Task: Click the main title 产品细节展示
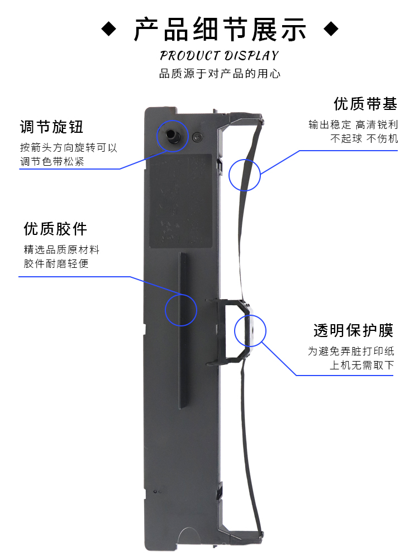click(220, 29)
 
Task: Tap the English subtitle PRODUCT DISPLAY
click(219, 56)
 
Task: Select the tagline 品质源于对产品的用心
click(219, 74)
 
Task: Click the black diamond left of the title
click(109, 28)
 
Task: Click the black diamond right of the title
click(332, 28)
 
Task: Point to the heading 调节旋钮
click(51, 127)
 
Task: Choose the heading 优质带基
click(365, 104)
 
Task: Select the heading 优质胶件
click(55, 228)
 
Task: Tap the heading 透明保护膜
click(353, 330)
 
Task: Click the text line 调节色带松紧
click(55, 162)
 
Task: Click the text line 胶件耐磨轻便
click(56, 263)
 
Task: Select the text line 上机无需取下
click(361, 365)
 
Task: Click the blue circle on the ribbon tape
click(245, 174)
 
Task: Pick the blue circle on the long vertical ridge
click(181, 309)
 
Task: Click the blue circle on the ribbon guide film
click(250, 331)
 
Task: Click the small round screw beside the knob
click(197, 136)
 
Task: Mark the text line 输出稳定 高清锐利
click(353, 124)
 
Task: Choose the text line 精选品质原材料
click(61, 249)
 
